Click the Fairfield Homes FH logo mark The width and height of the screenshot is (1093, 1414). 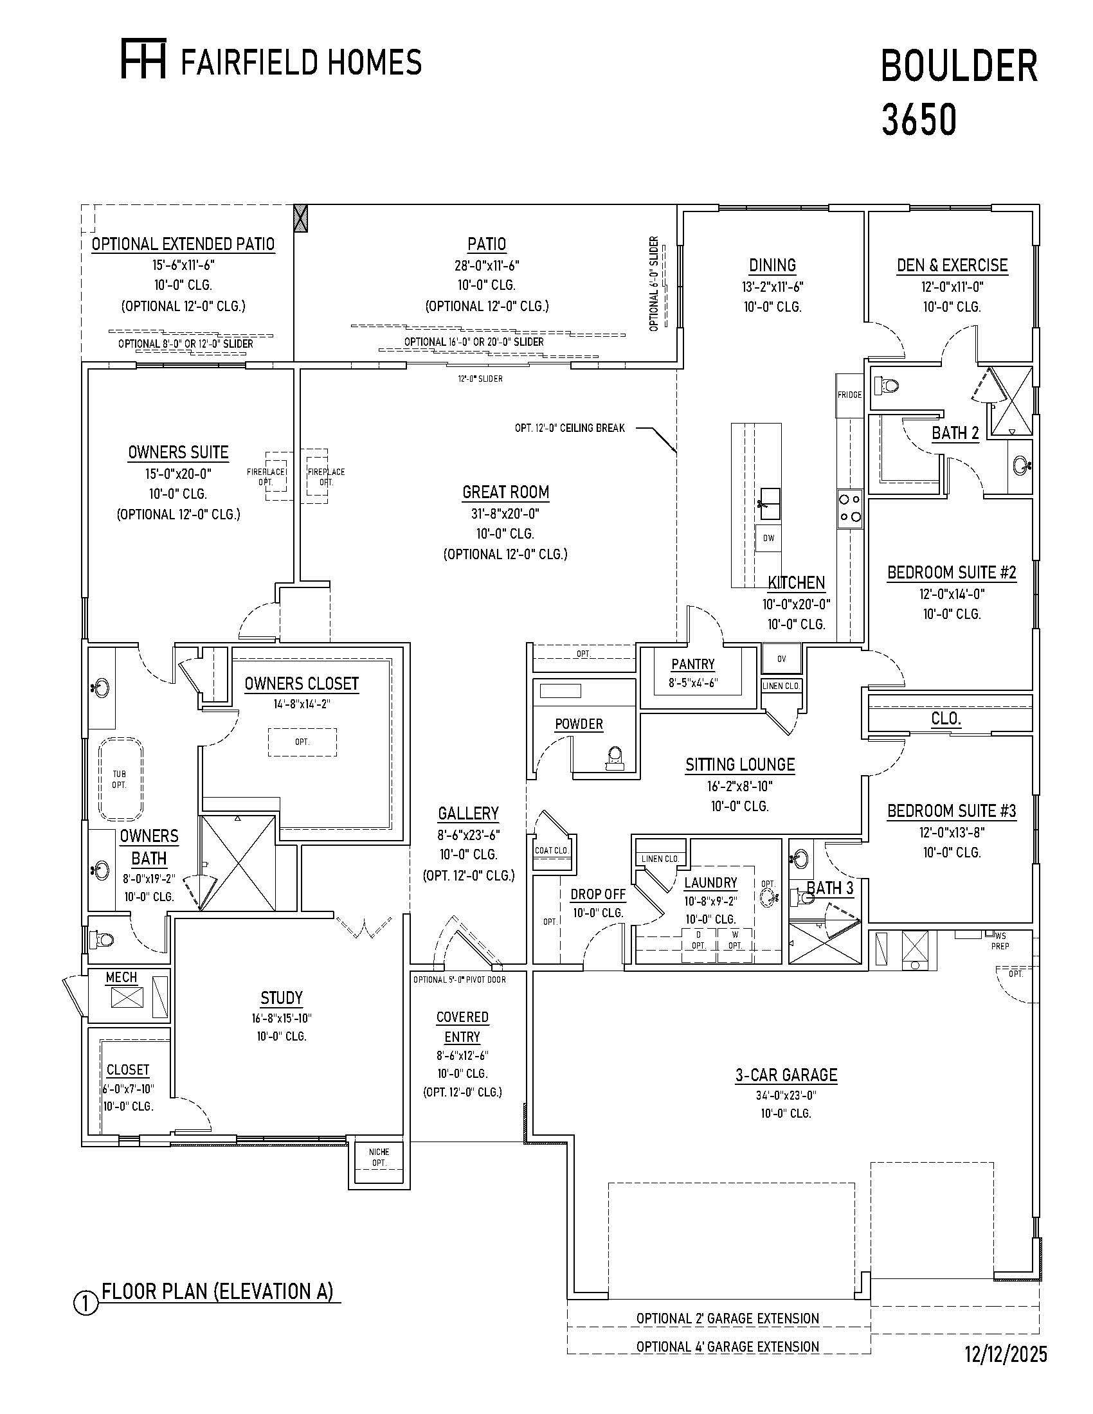point(143,58)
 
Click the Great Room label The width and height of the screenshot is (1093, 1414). point(506,492)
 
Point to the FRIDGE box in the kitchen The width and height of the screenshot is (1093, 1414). point(849,395)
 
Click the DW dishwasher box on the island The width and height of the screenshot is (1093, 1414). point(768,538)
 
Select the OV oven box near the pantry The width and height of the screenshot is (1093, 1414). point(782,659)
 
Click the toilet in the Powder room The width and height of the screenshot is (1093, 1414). point(615,757)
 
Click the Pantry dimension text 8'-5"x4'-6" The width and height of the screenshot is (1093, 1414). point(693,683)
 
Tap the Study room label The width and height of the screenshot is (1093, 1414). point(282,998)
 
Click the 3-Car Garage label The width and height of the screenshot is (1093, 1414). point(786,1075)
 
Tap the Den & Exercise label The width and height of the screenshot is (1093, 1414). point(952,265)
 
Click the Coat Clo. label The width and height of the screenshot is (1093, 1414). point(552,850)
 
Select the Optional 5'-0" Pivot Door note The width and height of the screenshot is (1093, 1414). point(460,980)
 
